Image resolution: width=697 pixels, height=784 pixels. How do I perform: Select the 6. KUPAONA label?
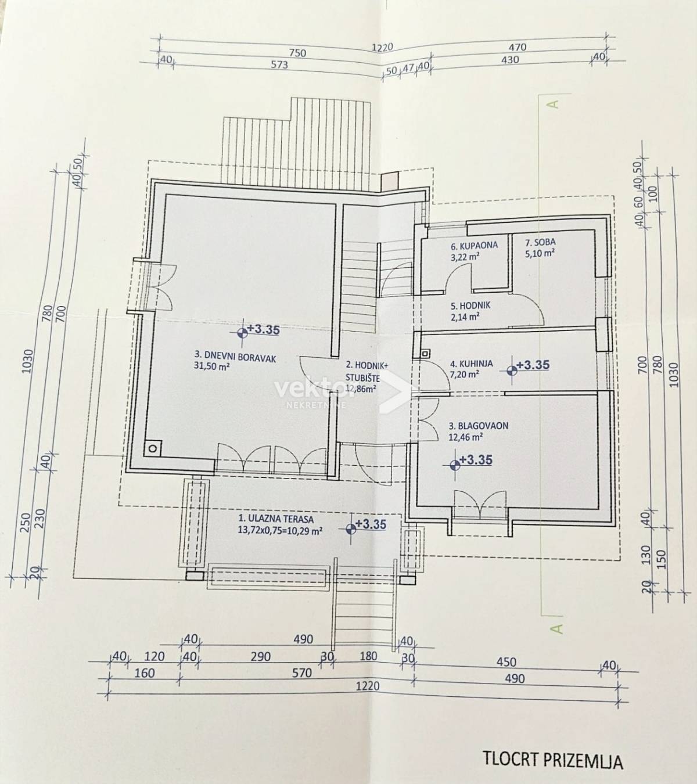[x=474, y=245]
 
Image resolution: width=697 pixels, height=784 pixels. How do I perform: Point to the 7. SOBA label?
[x=540, y=243]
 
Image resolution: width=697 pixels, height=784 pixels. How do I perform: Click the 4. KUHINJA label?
[x=472, y=364]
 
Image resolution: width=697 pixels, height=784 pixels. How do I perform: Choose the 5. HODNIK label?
[x=470, y=305]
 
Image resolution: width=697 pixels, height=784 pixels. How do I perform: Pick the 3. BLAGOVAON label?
[x=479, y=426]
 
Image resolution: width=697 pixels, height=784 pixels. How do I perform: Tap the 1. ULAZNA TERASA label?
[x=275, y=520]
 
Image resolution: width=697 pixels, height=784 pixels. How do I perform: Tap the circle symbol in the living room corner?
[x=153, y=449]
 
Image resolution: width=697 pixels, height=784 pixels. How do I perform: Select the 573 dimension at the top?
[x=279, y=64]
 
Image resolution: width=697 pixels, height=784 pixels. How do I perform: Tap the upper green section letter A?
[x=555, y=104]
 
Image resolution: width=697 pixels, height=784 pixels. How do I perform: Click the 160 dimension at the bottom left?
[x=145, y=673]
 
